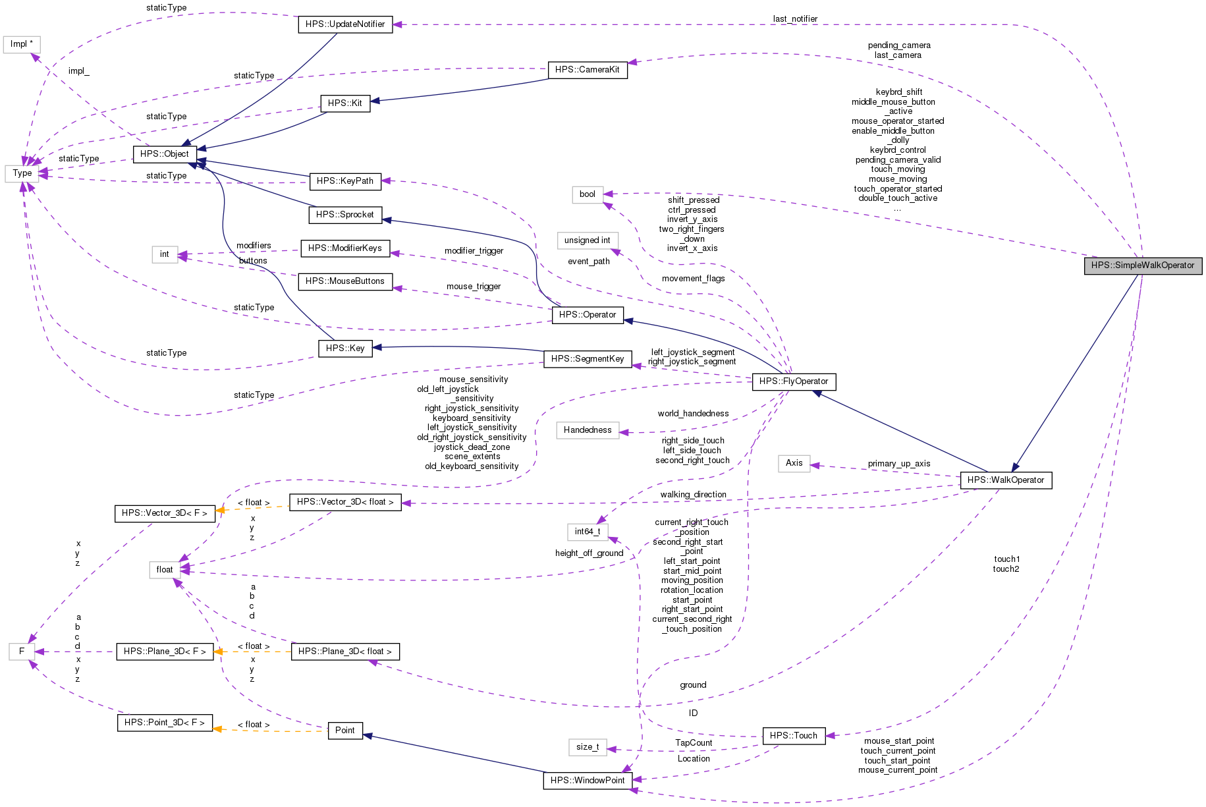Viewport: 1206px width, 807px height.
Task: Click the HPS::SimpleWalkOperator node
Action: pyautogui.click(x=1143, y=265)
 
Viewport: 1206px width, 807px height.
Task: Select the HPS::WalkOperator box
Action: pyautogui.click(x=1006, y=480)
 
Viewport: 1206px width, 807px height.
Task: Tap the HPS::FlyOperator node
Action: pyautogui.click(x=794, y=381)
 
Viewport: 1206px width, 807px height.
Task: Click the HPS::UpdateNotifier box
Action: pyautogui.click(x=345, y=24)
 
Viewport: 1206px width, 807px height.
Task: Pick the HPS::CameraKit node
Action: pyautogui.click(x=587, y=70)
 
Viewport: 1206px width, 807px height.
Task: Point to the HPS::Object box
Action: pyautogui.click(x=165, y=154)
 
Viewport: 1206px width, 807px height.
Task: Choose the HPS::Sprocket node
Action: pyautogui.click(x=344, y=215)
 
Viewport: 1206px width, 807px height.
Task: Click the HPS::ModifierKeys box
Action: pyautogui.click(x=344, y=248)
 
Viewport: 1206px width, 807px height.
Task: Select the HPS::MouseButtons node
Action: pyautogui.click(x=344, y=281)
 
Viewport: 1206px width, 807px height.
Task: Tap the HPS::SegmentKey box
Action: pyautogui.click(x=587, y=359)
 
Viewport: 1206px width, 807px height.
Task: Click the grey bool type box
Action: pyautogui.click(x=587, y=194)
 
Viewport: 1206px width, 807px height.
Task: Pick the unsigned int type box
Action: pyautogui.click(x=587, y=240)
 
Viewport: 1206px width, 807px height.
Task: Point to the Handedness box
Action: pyautogui.click(x=587, y=430)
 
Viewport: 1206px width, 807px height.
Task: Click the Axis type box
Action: pyautogui.click(x=794, y=463)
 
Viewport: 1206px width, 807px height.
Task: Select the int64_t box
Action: pyautogui.click(x=587, y=532)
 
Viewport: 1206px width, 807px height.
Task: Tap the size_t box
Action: pyautogui.click(x=587, y=747)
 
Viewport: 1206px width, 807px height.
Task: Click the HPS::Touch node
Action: pyautogui.click(x=793, y=736)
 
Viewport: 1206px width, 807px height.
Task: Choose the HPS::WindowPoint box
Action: pyautogui.click(x=587, y=781)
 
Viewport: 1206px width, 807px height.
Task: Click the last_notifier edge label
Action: pyautogui.click(x=795, y=19)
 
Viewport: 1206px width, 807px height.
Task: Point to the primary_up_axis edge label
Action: pyautogui.click(x=898, y=464)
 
